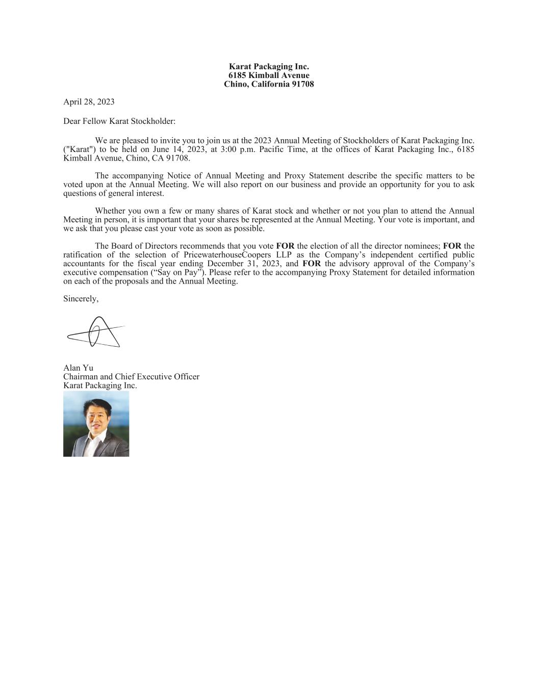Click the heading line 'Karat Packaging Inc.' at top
[x=269, y=67]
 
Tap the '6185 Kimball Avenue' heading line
[x=269, y=75]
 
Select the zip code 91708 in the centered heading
[x=302, y=84]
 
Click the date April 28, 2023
[x=89, y=102]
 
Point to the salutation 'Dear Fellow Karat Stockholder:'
[x=119, y=121]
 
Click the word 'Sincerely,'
[x=81, y=299]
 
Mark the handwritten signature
[x=96, y=332]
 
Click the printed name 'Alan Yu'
[x=78, y=368]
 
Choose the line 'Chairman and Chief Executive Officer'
[x=131, y=377]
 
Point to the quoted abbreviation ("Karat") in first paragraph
[x=80, y=149]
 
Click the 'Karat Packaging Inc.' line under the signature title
[x=100, y=385]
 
